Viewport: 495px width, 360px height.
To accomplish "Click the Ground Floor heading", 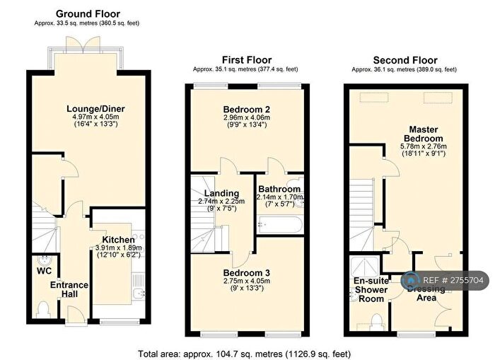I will click(x=88, y=13).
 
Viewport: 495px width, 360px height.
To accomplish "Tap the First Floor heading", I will click(x=246, y=60).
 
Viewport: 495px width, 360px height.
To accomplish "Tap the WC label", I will click(x=44, y=269).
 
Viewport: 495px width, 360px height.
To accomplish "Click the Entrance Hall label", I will click(x=69, y=290).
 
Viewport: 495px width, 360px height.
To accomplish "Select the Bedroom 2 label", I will click(x=246, y=109).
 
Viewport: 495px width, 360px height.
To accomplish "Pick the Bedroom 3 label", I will click(x=246, y=272).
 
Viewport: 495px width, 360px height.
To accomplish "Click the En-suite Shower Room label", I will click(x=371, y=289).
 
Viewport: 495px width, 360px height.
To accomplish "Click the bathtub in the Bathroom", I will click(x=280, y=225).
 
